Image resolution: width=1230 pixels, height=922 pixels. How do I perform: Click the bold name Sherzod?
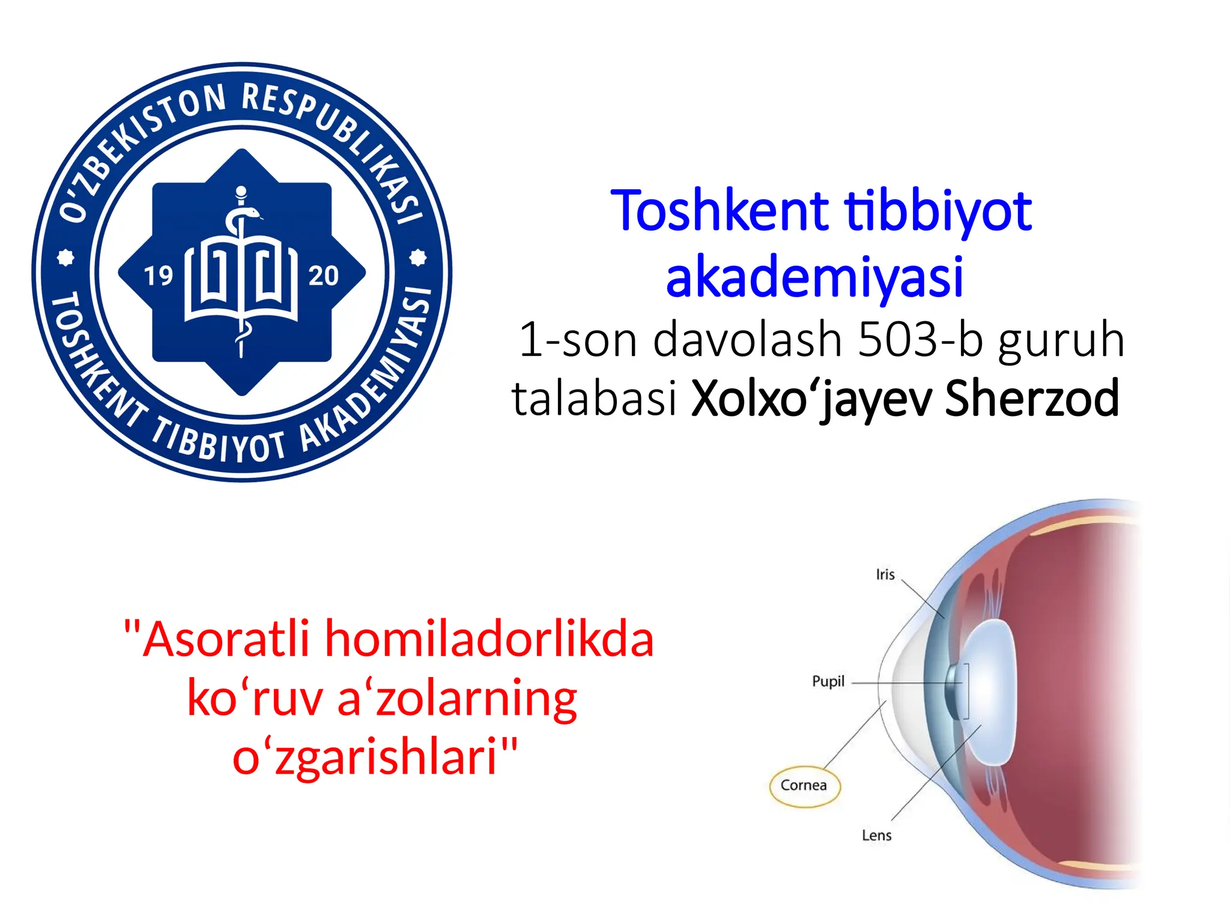(1032, 398)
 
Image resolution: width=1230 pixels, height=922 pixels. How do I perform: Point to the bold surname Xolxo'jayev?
(811, 399)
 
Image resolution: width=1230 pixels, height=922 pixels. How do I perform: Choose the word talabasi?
(594, 398)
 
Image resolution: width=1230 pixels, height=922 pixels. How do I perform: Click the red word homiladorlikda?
(489, 639)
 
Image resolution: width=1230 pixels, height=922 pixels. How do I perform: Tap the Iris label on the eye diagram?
(885, 574)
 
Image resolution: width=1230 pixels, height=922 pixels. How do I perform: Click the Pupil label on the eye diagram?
(828, 681)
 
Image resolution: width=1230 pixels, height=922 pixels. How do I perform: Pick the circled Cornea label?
(804, 785)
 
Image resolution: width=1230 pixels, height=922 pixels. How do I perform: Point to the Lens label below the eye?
(876, 835)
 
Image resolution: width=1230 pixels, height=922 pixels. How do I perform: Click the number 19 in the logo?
(159, 276)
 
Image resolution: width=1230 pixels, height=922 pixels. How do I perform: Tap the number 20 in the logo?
(324, 276)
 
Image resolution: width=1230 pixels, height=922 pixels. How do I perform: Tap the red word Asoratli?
(226, 639)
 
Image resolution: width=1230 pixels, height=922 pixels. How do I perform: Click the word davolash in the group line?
(747, 339)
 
